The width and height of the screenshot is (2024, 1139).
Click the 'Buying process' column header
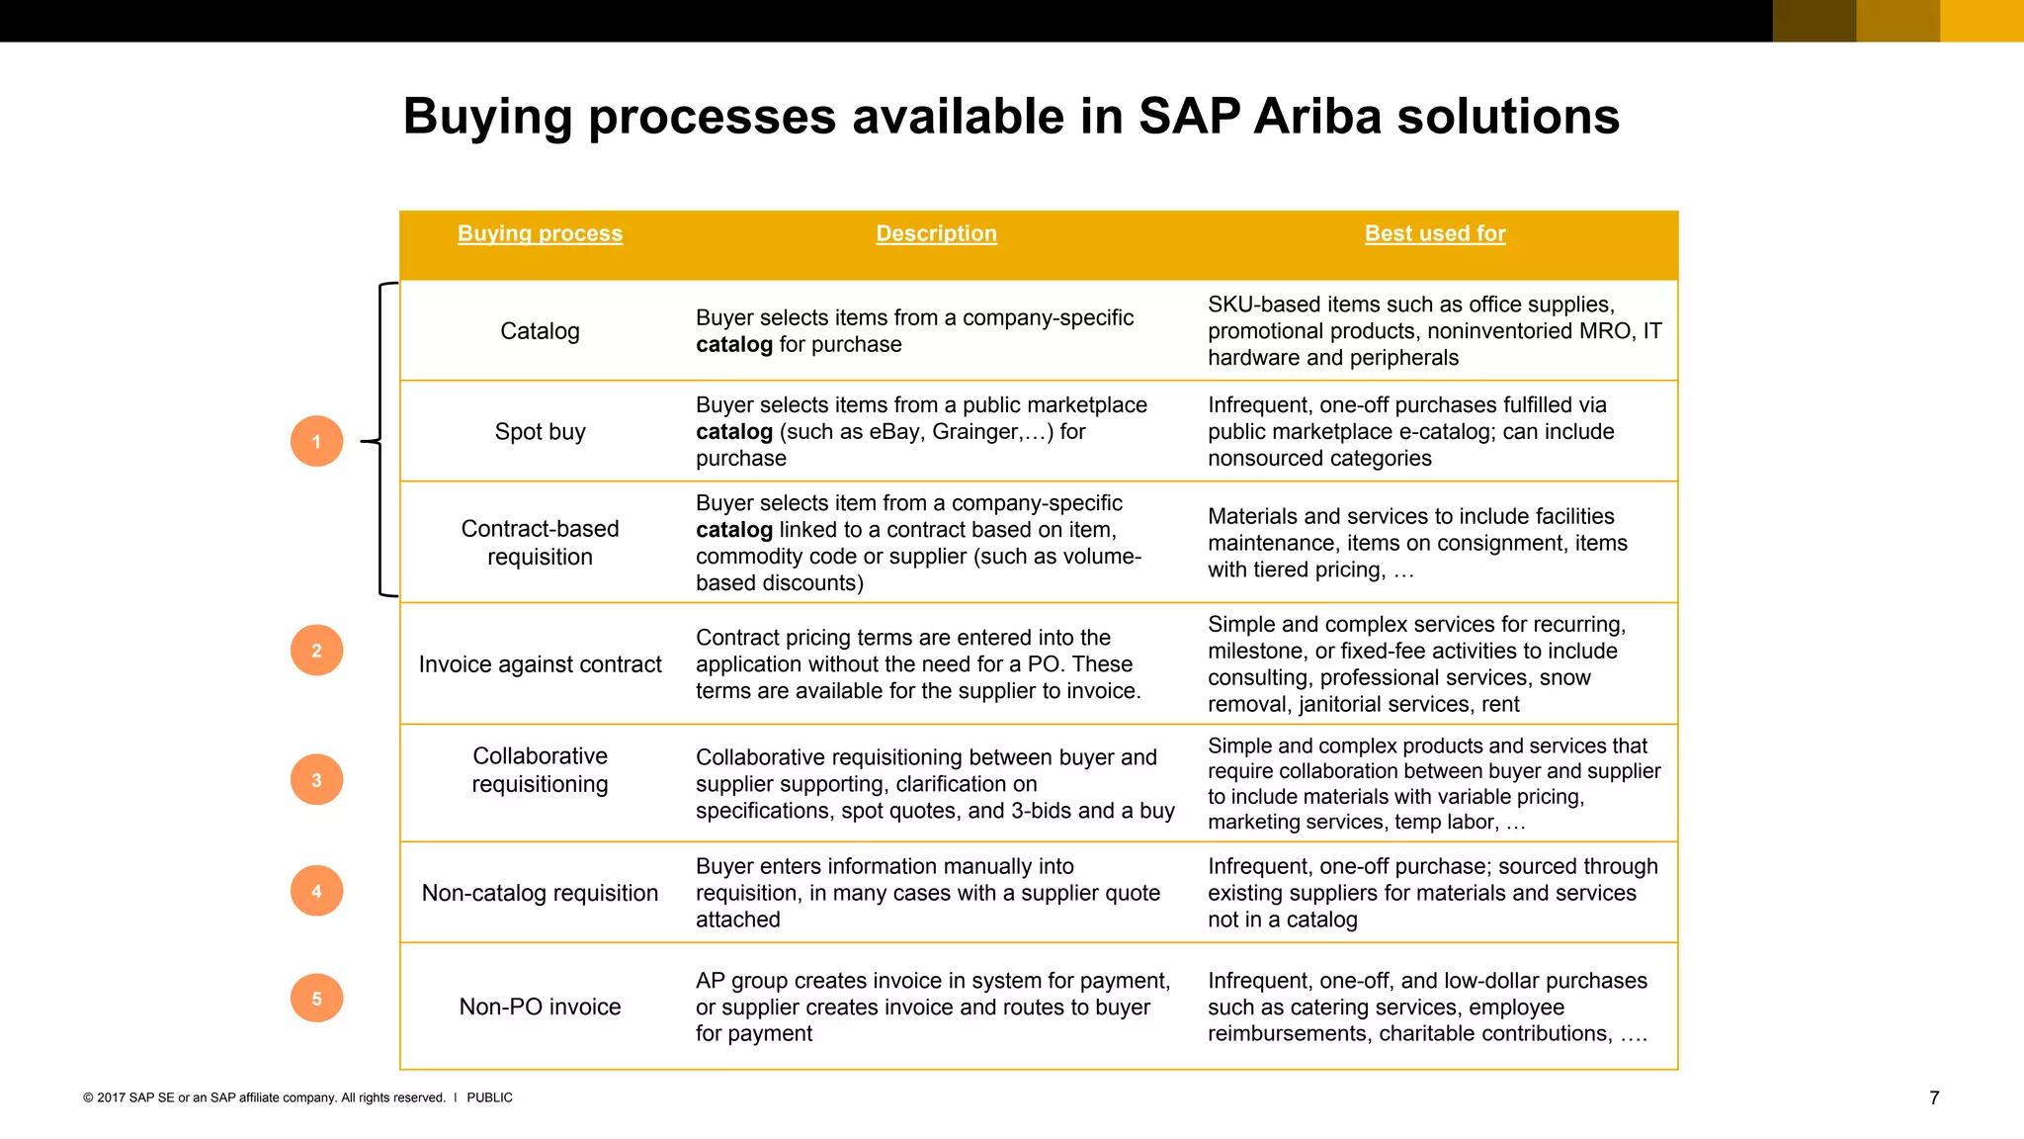540,233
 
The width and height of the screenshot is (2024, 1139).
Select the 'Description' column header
936,233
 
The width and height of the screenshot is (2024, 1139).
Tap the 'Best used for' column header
1435,233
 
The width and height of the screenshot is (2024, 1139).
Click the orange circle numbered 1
316,441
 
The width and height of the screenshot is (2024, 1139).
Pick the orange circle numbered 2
316,651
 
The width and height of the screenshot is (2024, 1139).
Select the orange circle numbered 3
316,780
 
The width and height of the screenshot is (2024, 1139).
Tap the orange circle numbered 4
316,891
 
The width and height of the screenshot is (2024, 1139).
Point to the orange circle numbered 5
316,999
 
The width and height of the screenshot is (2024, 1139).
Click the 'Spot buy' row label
540,432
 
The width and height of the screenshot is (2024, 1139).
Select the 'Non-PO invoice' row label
540,1007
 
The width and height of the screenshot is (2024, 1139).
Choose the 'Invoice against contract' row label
540,664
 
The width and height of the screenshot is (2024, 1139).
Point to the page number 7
1934,1097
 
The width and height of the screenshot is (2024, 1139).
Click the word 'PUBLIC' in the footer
489,1097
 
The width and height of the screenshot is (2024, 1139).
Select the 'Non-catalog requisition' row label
540,893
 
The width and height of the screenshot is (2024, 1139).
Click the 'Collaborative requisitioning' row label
540,770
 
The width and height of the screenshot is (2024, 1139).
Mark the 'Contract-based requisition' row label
540,543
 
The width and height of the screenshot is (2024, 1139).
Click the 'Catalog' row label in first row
540,331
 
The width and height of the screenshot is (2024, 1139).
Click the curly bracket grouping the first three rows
380,441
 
